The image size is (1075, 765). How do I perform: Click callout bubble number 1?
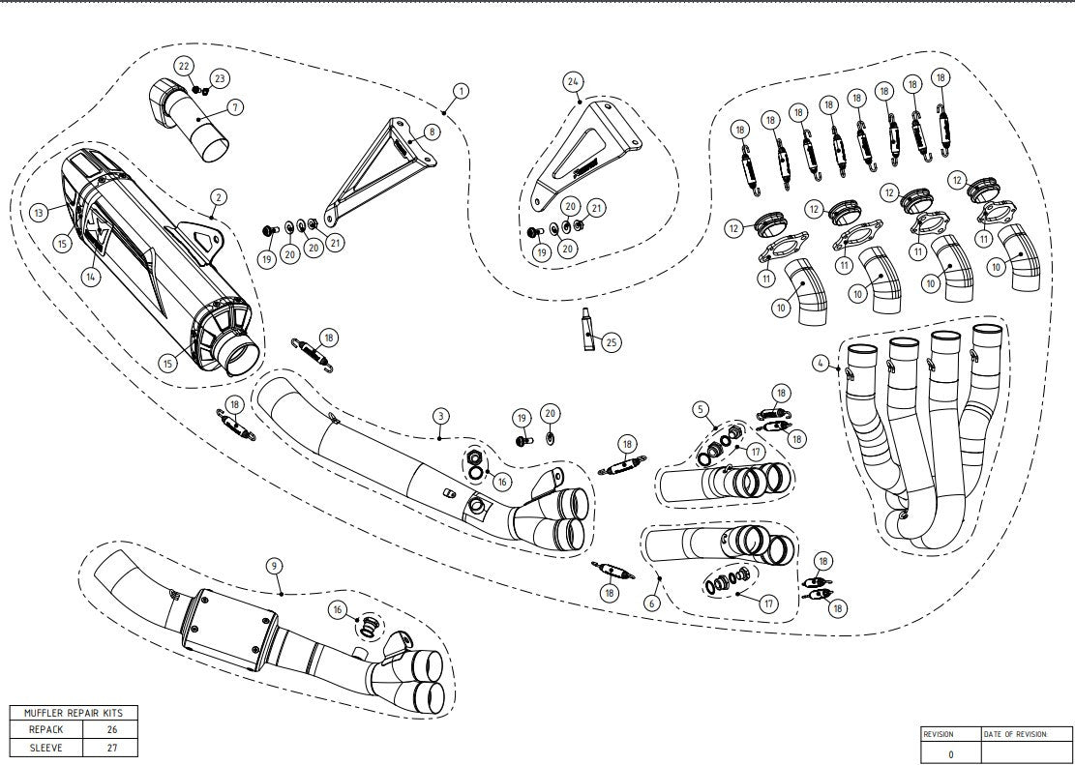click(x=461, y=90)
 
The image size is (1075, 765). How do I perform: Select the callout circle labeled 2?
click(x=219, y=196)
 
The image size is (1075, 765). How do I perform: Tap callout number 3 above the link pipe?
click(x=440, y=417)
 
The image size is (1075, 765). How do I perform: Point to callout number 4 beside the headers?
click(x=821, y=365)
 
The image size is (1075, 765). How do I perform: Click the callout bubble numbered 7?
click(x=236, y=107)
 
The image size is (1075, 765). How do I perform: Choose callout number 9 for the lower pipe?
click(x=275, y=564)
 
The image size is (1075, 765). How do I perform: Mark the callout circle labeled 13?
click(x=39, y=212)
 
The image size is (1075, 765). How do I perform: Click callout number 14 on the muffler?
click(x=92, y=277)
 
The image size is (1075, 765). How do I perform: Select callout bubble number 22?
click(x=183, y=65)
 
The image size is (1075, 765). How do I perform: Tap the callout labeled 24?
click(x=573, y=82)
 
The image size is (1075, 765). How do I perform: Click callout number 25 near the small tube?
click(x=611, y=341)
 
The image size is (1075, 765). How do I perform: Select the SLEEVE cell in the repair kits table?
click(x=46, y=748)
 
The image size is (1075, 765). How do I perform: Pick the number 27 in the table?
click(x=110, y=748)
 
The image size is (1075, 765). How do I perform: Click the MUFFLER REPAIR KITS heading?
click(x=74, y=713)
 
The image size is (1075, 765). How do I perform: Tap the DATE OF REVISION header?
click(x=1015, y=734)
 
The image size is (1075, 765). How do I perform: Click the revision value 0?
click(x=950, y=753)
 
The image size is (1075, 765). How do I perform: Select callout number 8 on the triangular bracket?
click(x=431, y=131)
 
